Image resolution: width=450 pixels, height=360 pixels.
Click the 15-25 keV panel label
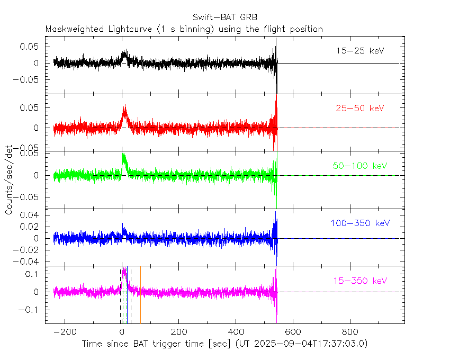click(x=360, y=51)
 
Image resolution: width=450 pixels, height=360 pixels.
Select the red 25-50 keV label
click(x=360, y=108)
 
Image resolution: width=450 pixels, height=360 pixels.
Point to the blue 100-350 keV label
click(x=356, y=223)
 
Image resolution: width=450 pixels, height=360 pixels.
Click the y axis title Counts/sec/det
click(x=10, y=181)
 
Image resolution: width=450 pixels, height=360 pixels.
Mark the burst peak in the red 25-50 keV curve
click(x=124, y=106)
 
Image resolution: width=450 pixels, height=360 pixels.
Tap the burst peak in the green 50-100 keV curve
click(x=123, y=154)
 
